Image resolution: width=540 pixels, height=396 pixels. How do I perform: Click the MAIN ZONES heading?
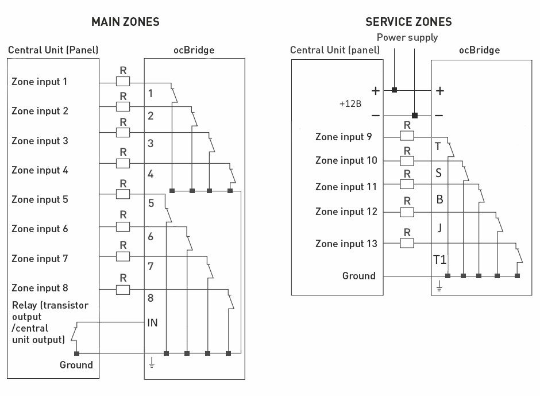(x=125, y=22)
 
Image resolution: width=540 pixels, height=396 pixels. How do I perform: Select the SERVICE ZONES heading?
(x=408, y=22)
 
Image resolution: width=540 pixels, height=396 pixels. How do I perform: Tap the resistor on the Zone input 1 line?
(x=123, y=82)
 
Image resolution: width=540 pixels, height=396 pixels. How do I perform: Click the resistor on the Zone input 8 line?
(x=123, y=290)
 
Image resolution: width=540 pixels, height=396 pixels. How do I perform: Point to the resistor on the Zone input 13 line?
(x=407, y=243)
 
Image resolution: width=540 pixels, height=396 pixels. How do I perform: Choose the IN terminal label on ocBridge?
(x=152, y=323)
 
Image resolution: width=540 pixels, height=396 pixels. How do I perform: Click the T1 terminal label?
(x=439, y=260)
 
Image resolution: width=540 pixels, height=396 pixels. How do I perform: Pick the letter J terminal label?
(x=439, y=228)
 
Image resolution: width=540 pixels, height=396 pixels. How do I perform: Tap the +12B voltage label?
(x=350, y=103)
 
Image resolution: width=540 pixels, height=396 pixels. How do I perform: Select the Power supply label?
(x=407, y=37)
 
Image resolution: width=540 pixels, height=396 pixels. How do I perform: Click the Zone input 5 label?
(x=40, y=199)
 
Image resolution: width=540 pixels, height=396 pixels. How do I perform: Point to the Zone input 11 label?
(x=346, y=187)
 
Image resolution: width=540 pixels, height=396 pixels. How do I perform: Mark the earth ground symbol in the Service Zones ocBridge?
(x=439, y=286)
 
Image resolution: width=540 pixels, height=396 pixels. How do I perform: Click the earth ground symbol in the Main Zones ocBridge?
(x=151, y=363)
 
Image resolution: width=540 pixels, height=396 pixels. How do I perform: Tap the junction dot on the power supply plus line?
(x=394, y=90)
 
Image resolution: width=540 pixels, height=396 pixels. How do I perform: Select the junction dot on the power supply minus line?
(x=415, y=116)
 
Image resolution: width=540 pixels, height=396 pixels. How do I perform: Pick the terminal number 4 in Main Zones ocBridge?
(x=151, y=174)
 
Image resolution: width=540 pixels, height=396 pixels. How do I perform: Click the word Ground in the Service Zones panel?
(x=359, y=276)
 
